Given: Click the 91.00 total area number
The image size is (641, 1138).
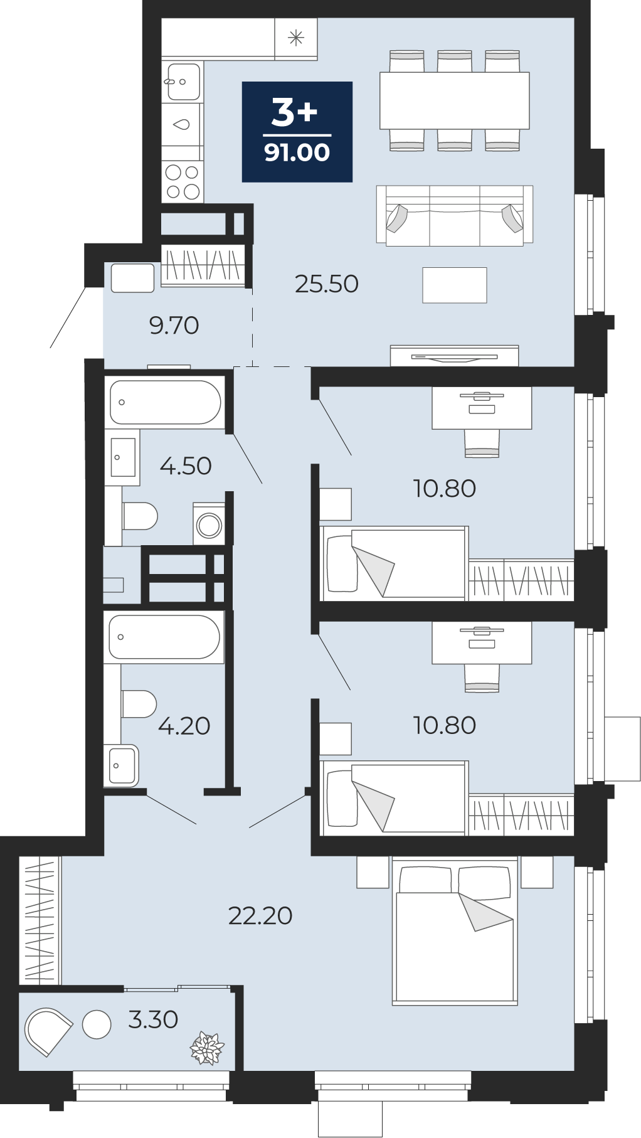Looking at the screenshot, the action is tap(297, 152).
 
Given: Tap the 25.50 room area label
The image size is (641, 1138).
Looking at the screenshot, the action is tap(327, 284).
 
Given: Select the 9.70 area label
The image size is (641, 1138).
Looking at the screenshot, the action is tap(174, 326).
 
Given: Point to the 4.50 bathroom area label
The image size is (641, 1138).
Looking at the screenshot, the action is tap(186, 466).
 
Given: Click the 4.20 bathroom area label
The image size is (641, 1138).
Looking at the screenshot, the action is tap(184, 726).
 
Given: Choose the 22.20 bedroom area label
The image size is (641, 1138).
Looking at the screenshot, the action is tap(260, 916).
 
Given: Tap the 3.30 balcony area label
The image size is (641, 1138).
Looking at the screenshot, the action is tap(153, 1019).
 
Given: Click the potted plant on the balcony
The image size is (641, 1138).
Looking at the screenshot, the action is tap(207, 1048).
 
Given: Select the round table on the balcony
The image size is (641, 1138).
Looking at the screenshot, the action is tap(97, 1024).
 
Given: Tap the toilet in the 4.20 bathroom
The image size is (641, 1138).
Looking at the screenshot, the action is tap(139, 704).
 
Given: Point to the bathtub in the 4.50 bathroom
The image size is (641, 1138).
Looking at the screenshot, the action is tap(165, 402).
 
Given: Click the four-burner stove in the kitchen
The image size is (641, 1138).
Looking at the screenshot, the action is tap(183, 181).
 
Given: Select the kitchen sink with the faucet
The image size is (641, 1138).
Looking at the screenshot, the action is tap(183, 82).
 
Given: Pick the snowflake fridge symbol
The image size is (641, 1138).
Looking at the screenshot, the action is tap(296, 38).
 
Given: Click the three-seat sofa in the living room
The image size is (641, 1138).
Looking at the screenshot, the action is tap(455, 215).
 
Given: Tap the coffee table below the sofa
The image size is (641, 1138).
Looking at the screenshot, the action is tap(455, 285).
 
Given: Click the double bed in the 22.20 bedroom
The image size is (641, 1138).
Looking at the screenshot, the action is tap(455, 931).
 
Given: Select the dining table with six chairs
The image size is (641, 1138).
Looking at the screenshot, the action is tap(455, 100).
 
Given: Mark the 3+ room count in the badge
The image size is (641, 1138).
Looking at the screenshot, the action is tap(295, 113).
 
